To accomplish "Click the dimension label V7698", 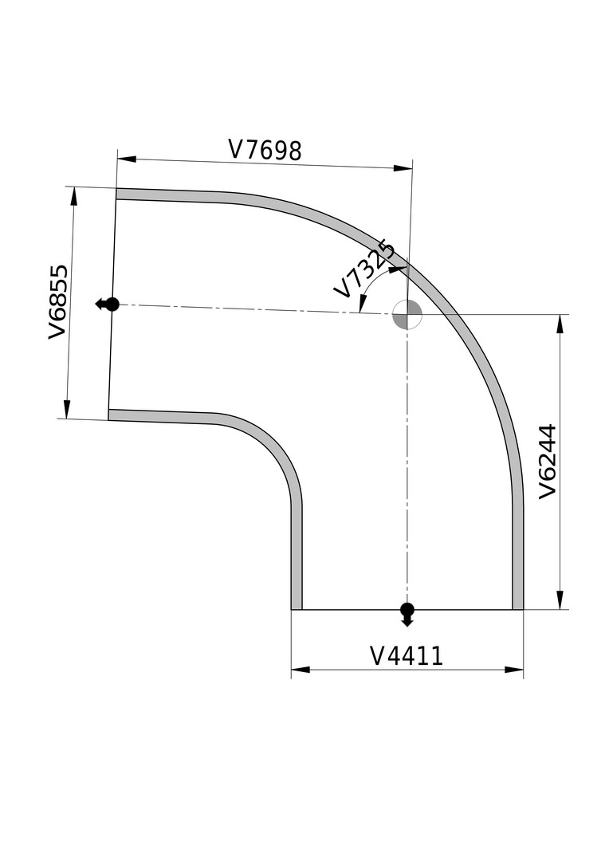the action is coord(265,150).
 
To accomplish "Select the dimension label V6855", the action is coord(57,302).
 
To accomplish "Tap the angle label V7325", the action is coord(364,269).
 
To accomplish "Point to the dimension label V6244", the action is coord(548,462).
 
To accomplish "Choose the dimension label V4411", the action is coord(407,655).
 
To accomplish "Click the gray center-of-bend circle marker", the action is coord(407,315).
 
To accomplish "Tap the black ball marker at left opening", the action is coord(112,305).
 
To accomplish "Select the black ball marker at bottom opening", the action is coord(407,610).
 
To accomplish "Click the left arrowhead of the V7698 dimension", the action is coord(126,159).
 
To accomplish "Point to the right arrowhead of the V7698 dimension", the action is coord(403,168).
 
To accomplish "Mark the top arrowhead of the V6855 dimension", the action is coord(74,197).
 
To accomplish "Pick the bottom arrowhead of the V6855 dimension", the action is coord(66,409).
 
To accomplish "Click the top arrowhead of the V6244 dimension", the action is coord(560,324).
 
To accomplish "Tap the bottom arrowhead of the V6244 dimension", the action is coord(560,600).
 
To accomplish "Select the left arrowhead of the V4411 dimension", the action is coord(301,670).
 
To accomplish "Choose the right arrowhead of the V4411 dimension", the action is coord(513,670).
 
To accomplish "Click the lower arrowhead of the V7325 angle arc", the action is coord(362,304).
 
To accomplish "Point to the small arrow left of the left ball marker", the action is coord(100,305).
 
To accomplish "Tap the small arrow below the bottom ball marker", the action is coord(407,621).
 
